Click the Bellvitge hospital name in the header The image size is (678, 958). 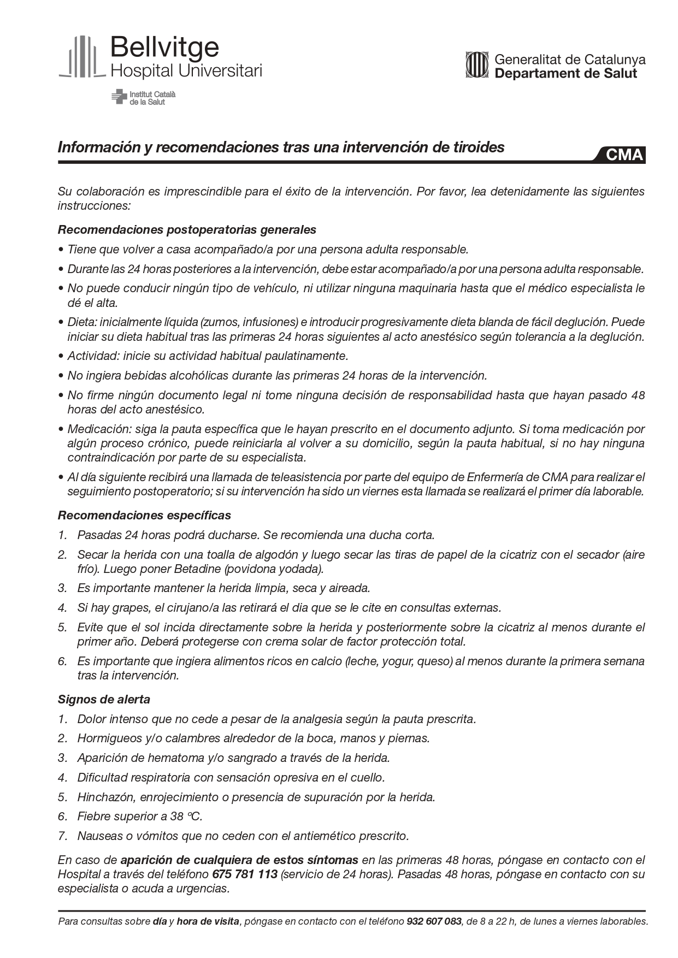[164, 48]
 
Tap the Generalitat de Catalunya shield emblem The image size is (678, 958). [476, 65]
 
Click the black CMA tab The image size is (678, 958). [624, 155]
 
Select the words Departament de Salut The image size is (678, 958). [565, 73]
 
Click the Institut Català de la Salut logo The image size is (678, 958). [144, 98]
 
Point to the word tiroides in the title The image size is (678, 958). [477, 147]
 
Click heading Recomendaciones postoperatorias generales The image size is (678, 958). [187, 229]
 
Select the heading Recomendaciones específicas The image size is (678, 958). [144, 515]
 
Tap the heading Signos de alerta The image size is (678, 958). [104, 699]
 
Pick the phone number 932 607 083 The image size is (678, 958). [434, 921]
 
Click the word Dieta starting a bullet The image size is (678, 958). [80, 322]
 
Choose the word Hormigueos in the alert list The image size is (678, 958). [109, 738]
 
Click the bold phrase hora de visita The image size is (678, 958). [208, 921]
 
